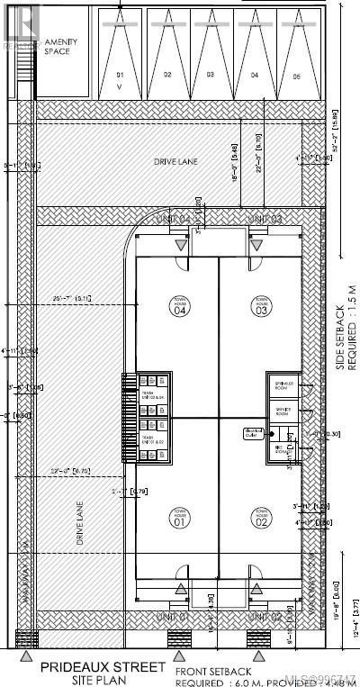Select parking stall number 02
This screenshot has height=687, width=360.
point(167,75)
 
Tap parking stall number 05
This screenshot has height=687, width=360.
point(296,75)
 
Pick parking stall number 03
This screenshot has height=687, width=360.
point(210,75)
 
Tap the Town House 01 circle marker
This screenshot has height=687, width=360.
point(177,517)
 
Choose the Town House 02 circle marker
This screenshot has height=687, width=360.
point(261,517)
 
